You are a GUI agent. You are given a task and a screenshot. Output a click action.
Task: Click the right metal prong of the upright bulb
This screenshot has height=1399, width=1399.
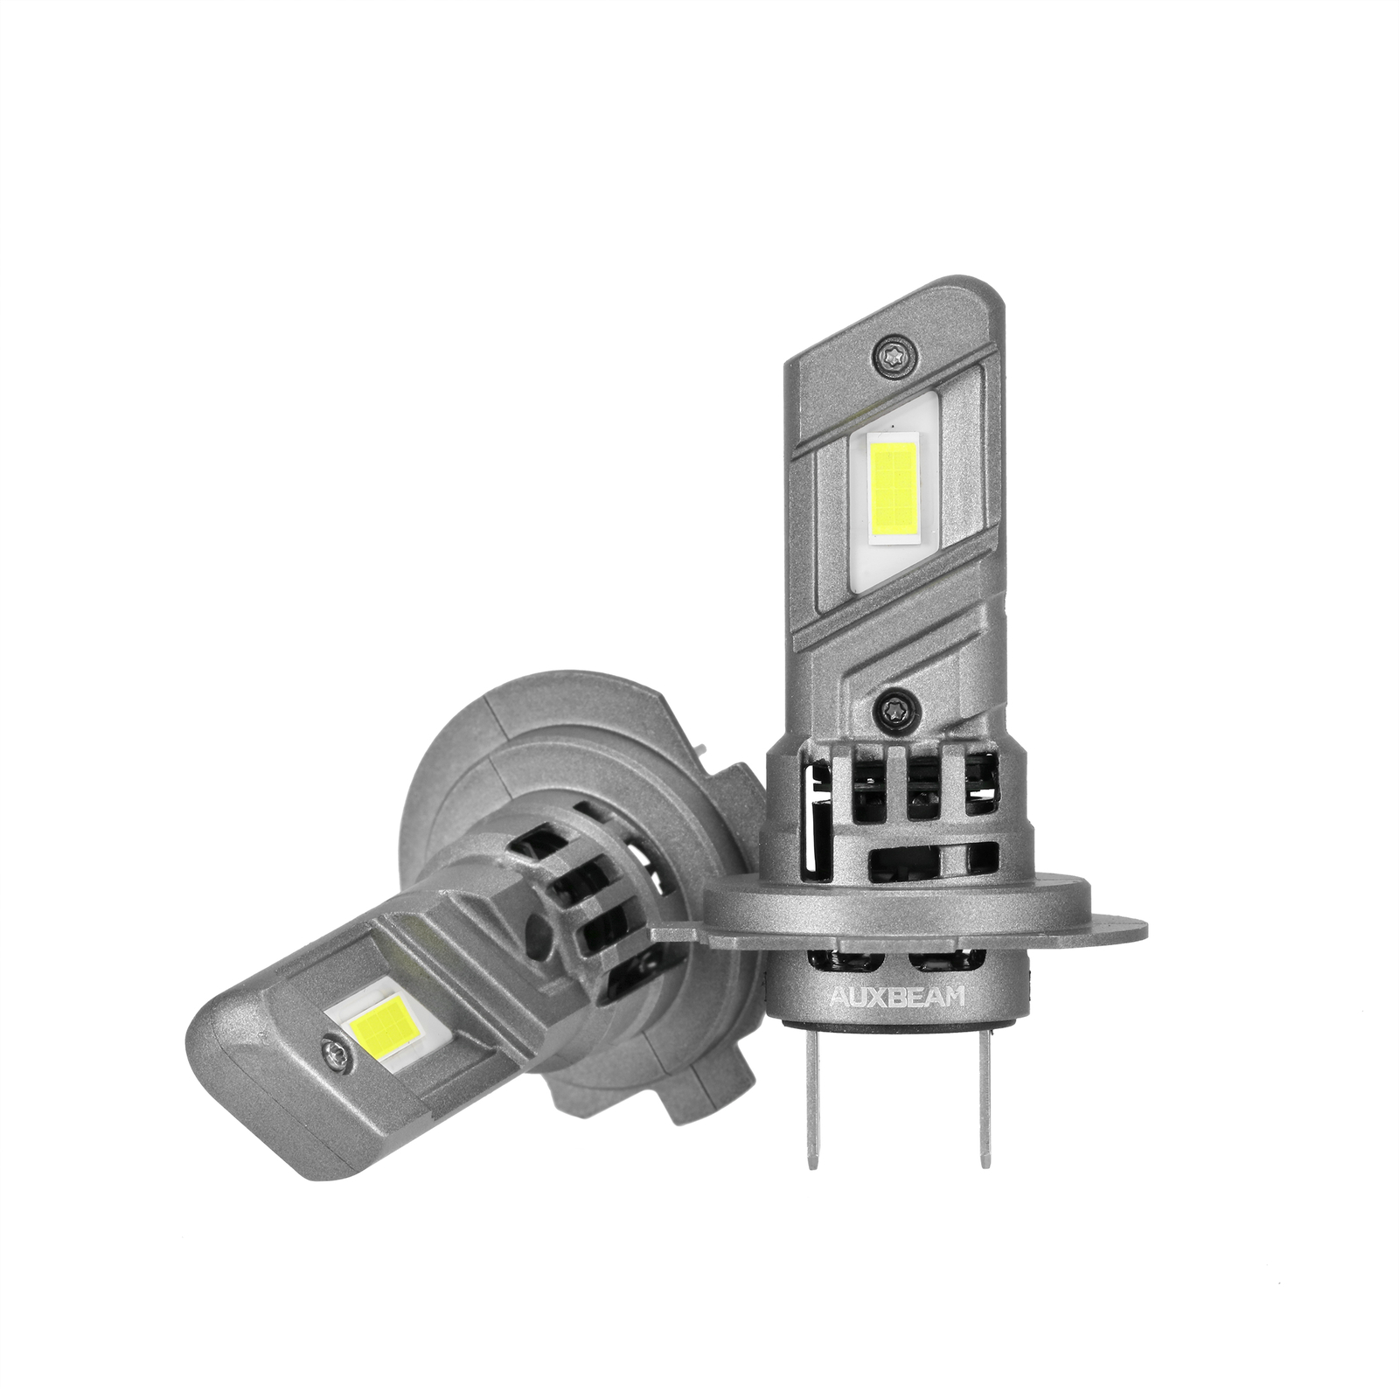pos(985,1102)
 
